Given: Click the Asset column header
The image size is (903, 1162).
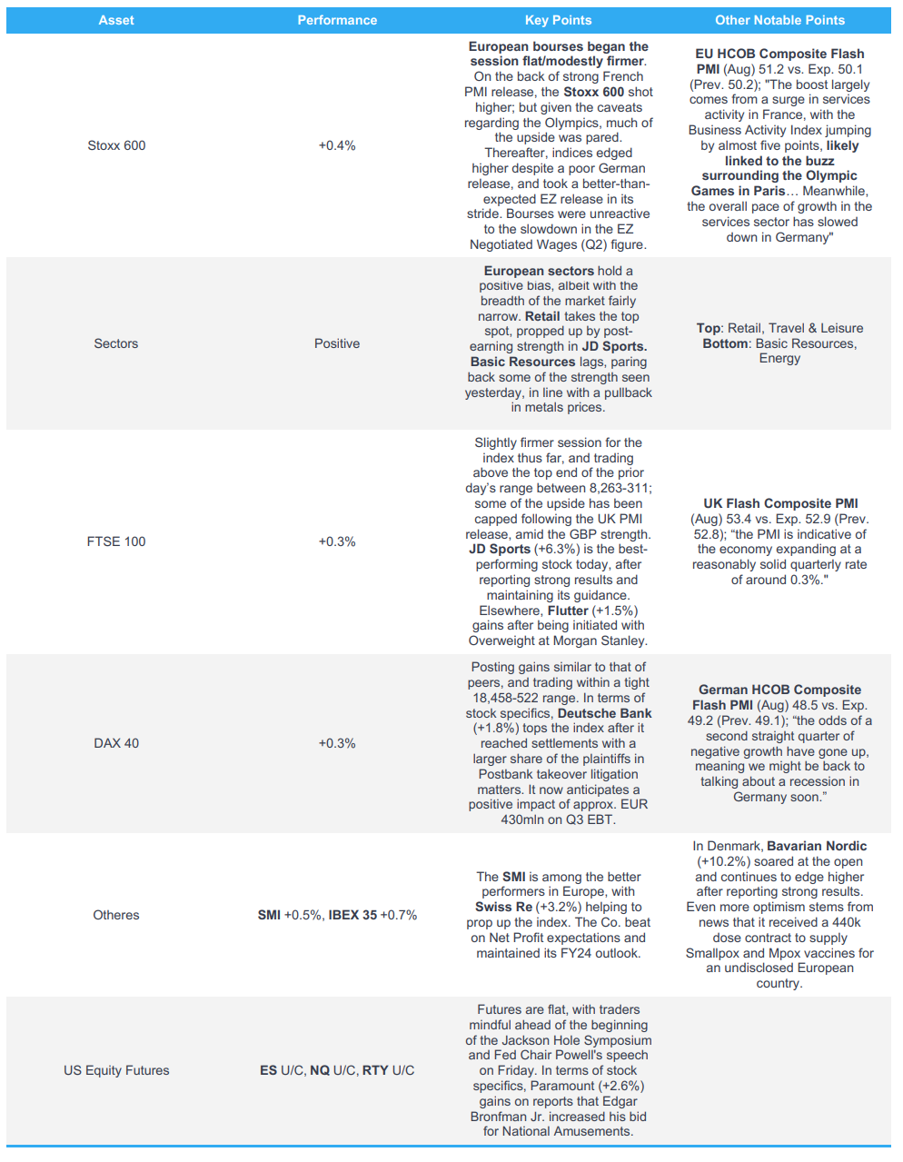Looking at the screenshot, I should coord(116,20).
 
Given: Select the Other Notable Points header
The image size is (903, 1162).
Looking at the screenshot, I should coord(779,20).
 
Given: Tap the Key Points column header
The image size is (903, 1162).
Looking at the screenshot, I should coord(558,20).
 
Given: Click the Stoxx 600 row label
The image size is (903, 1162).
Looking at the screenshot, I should coord(116,145).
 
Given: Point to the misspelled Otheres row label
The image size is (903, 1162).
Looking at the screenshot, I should coord(116,915).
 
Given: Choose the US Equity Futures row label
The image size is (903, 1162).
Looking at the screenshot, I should coord(116,1070).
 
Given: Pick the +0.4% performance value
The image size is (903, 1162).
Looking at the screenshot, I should coord(337,145).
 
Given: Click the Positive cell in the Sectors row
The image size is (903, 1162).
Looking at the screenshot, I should coord(337,343).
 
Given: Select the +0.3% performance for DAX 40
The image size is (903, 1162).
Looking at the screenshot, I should coord(337,743).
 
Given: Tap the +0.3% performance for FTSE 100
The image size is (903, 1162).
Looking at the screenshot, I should coord(337,541).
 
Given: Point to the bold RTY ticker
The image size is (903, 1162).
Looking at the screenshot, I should coord(375,1070).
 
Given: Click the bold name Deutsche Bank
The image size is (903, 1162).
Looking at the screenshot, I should coord(604,713).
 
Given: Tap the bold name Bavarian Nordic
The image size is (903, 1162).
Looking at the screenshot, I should coord(817,846).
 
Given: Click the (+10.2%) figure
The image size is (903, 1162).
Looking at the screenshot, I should coord(721,861).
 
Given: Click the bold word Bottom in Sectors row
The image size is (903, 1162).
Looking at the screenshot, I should coord(726,343).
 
